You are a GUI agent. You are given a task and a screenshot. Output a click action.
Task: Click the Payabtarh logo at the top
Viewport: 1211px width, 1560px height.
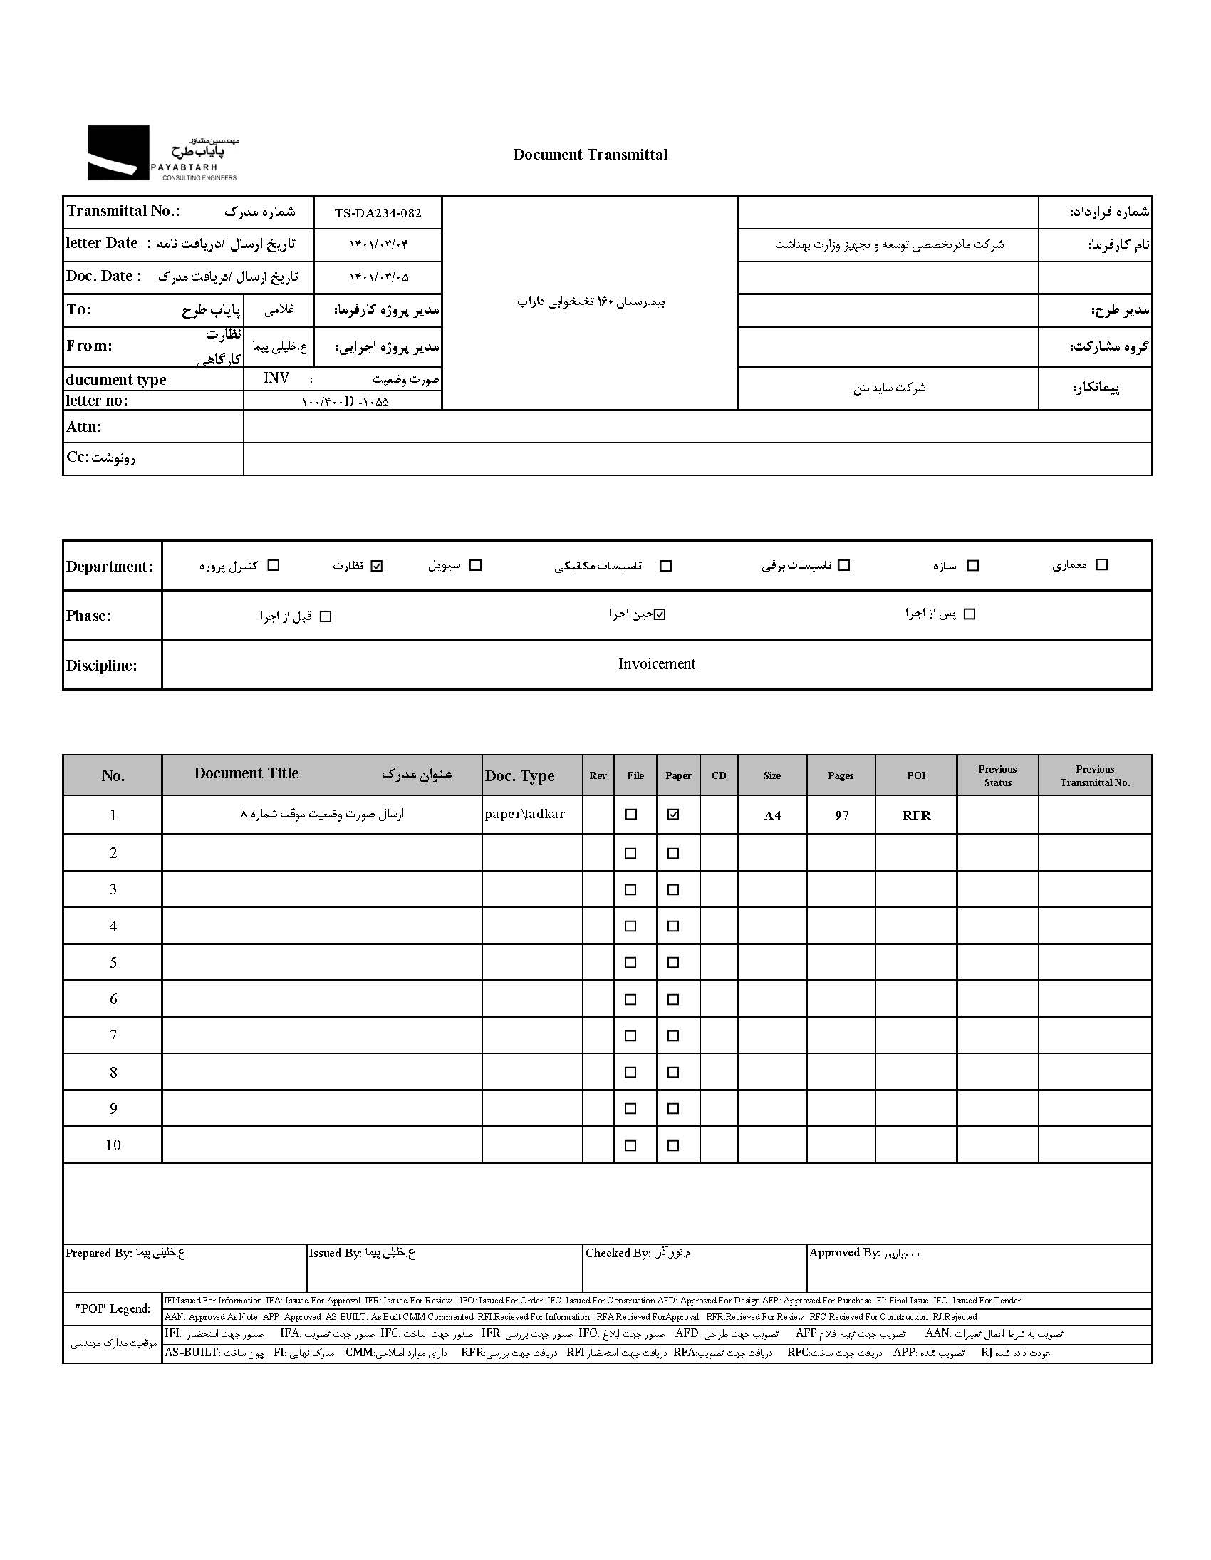[162, 153]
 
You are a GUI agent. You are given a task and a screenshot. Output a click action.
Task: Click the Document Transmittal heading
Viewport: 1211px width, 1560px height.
[590, 155]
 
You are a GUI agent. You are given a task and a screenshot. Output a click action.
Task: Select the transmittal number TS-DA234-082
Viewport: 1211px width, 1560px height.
[378, 213]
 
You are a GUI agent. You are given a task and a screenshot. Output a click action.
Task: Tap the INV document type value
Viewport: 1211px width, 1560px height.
[276, 378]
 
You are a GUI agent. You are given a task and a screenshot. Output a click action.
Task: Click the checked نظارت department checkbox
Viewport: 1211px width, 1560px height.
[377, 566]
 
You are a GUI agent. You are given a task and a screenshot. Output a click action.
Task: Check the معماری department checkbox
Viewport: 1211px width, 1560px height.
[1102, 565]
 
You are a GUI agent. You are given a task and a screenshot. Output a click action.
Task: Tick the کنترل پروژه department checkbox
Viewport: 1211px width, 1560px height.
[273, 566]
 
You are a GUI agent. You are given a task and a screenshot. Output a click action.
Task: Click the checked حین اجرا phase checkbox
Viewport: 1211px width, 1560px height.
[660, 614]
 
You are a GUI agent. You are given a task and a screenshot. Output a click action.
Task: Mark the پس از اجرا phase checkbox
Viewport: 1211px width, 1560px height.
[969, 614]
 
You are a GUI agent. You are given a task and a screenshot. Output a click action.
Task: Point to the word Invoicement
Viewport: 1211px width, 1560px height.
[656, 664]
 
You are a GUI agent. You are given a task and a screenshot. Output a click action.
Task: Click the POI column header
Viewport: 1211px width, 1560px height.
[915, 775]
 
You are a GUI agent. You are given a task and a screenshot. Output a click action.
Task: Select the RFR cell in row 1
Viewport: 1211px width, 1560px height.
[916, 815]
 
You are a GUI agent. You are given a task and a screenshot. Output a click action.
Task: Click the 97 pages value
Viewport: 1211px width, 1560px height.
[841, 815]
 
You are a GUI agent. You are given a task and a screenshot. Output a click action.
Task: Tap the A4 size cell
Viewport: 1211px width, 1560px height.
[772, 815]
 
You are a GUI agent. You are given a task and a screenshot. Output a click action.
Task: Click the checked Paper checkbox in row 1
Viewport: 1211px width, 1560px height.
[672, 815]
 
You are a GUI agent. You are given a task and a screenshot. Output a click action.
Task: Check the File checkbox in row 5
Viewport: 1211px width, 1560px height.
[630, 963]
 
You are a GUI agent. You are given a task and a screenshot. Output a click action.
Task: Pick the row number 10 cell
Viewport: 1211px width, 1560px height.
[113, 1145]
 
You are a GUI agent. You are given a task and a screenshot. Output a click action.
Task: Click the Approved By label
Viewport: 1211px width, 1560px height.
[843, 1252]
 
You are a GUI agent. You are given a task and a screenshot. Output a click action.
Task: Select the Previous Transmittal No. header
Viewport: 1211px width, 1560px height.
[1095, 775]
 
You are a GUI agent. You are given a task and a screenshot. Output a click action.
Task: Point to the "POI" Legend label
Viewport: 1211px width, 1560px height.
[113, 1308]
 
